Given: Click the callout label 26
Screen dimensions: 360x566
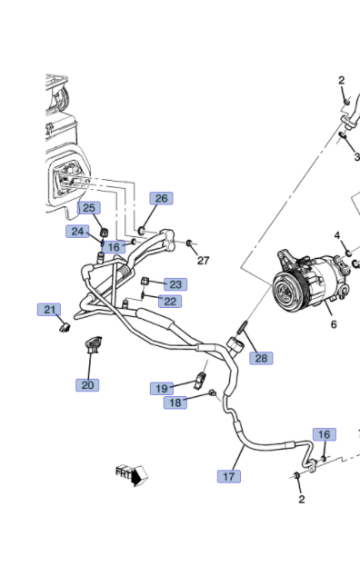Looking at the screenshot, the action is [162, 198].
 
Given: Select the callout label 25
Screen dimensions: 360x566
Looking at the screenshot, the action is [89, 207].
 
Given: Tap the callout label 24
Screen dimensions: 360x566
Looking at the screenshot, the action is [77, 231].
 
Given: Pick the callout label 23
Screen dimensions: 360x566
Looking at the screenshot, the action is [175, 284].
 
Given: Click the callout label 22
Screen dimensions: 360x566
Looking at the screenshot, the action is [170, 301].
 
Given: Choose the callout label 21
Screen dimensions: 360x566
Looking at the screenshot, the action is [49, 310].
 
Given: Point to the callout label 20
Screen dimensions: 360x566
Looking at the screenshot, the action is [87, 385].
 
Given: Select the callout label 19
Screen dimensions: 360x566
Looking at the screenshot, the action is [162, 389].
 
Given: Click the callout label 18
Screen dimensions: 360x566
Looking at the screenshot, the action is [175, 402].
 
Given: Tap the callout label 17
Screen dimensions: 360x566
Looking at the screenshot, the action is [229, 476].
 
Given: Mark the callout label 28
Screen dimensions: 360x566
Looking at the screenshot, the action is [261, 358].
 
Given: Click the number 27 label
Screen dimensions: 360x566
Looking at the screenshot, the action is [204, 260].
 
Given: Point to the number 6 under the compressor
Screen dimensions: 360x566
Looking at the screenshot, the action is [334, 324].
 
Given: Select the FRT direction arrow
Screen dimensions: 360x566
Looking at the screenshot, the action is [132, 475].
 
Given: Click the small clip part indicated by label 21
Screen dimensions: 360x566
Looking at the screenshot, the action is [65, 328].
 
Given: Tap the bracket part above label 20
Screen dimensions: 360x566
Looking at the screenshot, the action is [93, 344].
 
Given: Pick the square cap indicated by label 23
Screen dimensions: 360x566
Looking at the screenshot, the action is [145, 282].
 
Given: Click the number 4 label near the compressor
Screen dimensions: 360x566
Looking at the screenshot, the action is [337, 235].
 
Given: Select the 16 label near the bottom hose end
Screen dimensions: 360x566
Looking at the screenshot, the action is [325, 434].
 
